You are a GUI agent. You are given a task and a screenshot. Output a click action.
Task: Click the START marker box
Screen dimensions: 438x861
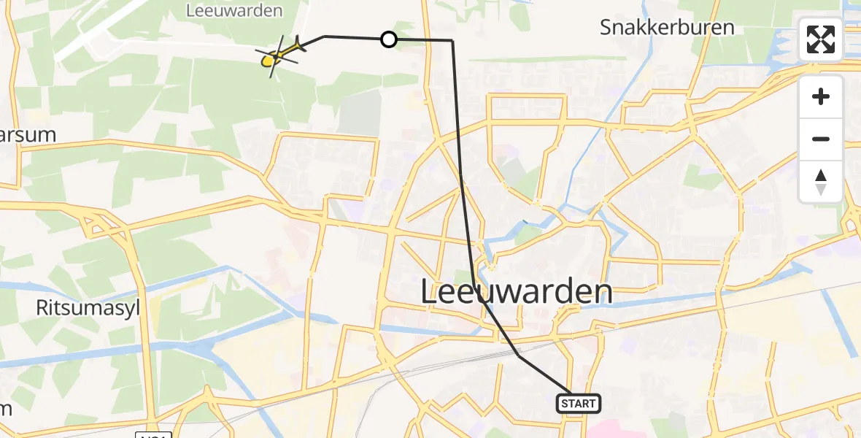pos(579,403)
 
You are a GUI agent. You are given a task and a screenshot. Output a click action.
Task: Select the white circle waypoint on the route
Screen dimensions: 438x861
pos(389,39)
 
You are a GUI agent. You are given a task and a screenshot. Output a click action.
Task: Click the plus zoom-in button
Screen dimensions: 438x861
pos(821,97)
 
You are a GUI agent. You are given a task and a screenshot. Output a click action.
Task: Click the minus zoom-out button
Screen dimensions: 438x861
pos(821,139)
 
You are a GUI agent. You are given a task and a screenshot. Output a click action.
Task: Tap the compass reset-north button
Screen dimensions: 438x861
pos(821,182)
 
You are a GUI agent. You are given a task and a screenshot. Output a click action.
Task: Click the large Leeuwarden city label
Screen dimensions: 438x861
pos(517,292)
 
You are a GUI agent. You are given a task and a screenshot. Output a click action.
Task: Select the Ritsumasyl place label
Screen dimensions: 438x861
pos(88,308)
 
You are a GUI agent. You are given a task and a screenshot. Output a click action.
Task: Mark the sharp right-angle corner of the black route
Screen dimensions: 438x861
pos(452,41)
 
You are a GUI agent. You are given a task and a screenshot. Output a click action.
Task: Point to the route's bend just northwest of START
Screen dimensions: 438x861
pos(518,355)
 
